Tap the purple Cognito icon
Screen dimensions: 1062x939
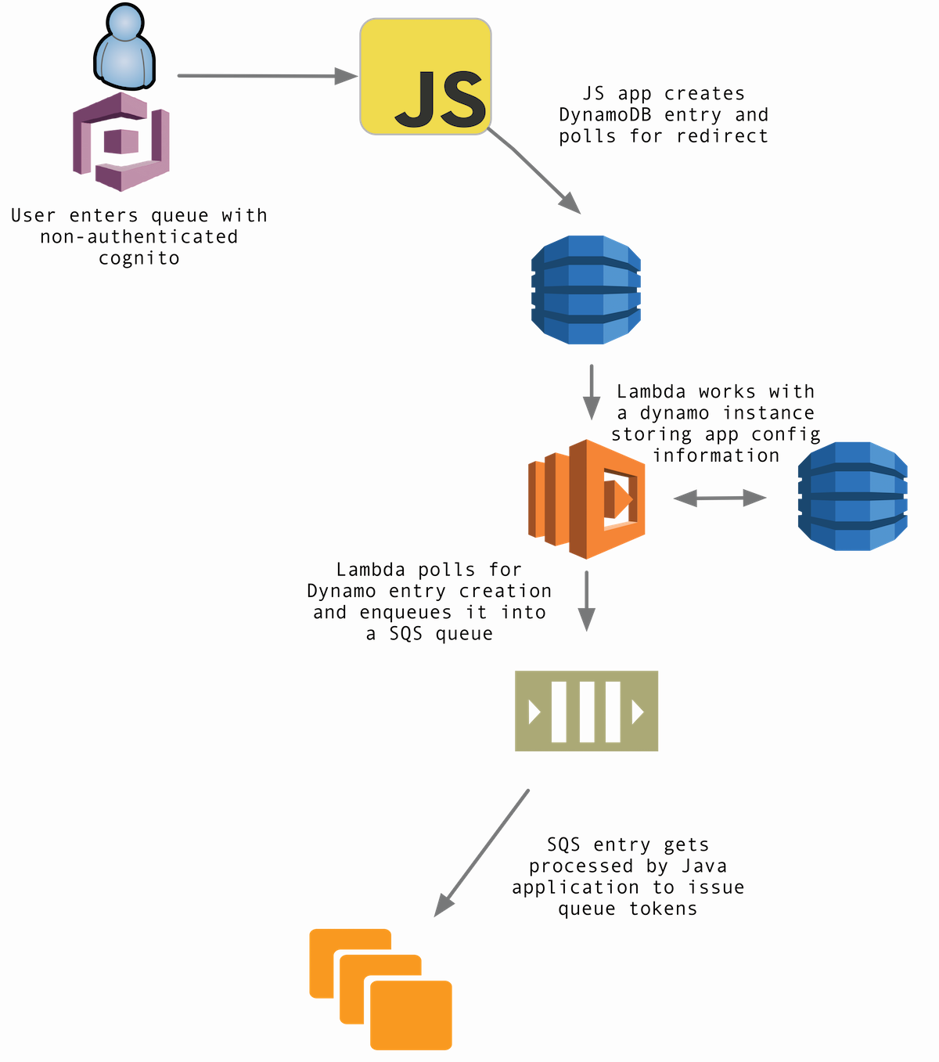(121, 142)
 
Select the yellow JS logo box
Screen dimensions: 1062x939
(426, 77)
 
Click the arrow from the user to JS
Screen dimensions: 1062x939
(266, 76)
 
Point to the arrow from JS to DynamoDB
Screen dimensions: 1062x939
(536, 173)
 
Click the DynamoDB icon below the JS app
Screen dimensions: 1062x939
(586, 290)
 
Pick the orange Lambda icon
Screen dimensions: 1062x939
(586, 499)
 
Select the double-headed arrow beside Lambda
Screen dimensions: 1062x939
(720, 498)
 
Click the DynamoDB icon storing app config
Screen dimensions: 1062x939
(852, 496)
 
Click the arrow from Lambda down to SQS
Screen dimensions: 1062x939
(586, 601)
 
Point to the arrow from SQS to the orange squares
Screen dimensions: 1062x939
(482, 852)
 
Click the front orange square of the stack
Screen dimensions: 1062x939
(411, 1015)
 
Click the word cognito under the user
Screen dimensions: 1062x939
(139, 259)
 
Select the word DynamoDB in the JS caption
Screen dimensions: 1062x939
(605, 115)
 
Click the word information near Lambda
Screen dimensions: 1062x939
(716, 455)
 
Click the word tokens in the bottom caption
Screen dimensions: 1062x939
(663, 909)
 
